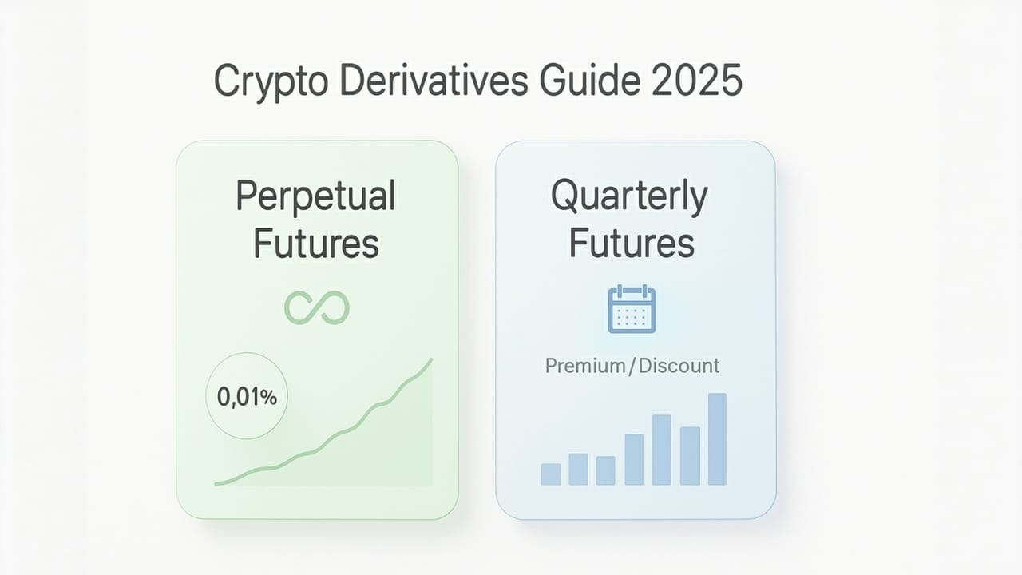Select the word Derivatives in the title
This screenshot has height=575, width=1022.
coord(430,81)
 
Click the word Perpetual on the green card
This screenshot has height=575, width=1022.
coord(316,196)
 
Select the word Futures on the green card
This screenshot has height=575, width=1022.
coord(316,244)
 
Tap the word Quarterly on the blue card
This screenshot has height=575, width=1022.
coord(629,196)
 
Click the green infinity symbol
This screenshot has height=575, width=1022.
coord(317,308)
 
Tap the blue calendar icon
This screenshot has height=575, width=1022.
coord(632,310)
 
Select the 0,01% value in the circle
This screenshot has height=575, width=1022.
coord(247,397)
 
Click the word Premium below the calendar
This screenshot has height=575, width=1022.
coord(584,366)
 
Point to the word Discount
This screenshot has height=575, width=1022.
coord(679,366)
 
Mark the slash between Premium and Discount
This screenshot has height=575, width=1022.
coord(632,366)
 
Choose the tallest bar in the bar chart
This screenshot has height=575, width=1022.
coord(717,439)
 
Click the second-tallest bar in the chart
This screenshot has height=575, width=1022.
coord(661,450)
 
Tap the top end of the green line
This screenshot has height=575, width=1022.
coord(431,360)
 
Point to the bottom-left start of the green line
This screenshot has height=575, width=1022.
coord(216,482)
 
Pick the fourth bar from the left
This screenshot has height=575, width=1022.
coord(634,459)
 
